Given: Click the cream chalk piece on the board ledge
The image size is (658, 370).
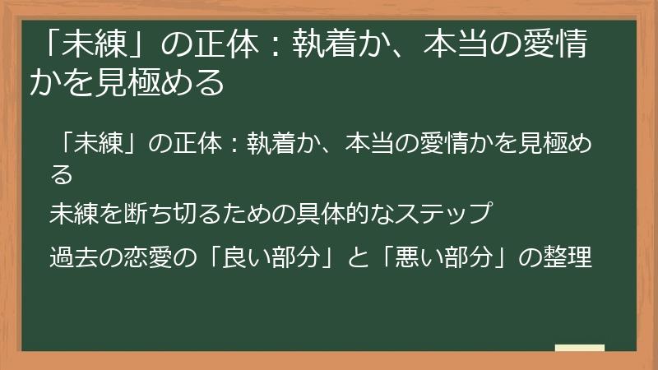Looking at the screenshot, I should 579,348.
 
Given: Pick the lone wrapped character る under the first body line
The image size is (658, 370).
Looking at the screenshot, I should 62,174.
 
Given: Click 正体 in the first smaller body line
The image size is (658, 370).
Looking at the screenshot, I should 196,145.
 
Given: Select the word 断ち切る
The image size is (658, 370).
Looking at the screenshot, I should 147,213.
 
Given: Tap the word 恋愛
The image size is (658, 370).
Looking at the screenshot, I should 147,257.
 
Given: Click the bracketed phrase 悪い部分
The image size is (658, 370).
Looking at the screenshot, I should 456,257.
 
